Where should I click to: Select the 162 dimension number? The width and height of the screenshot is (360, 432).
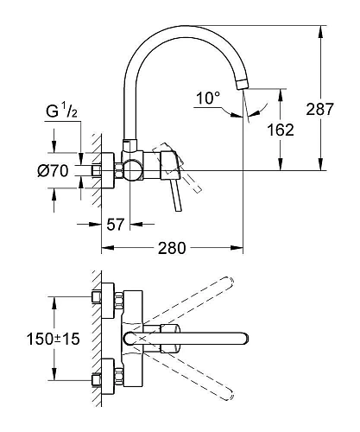click(281, 130)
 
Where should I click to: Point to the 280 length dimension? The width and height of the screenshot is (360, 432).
click(174, 249)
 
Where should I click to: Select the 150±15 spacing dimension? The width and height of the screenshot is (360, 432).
click(53, 340)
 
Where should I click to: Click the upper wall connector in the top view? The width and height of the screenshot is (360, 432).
click(104, 298)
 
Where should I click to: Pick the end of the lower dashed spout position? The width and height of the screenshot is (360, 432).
click(228, 391)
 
